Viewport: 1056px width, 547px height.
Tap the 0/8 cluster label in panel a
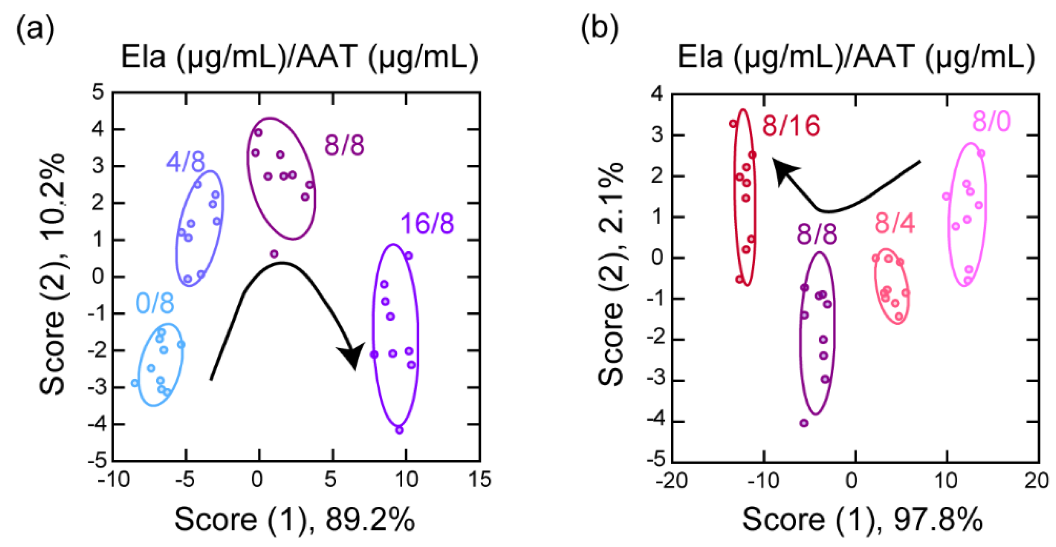click(x=155, y=304)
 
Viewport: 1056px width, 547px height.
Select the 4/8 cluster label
click(x=186, y=162)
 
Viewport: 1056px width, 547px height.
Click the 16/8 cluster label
click(x=427, y=224)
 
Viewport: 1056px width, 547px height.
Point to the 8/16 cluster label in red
click(x=791, y=125)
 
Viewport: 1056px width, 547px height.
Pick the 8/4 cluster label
click(x=895, y=224)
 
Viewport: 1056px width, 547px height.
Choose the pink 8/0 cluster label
click(x=992, y=122)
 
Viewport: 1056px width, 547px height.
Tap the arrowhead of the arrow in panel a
click(x=352, y=356)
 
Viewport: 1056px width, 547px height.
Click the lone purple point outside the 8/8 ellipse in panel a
click(x=274, y=254)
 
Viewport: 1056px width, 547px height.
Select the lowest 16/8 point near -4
click(x=399, y=430)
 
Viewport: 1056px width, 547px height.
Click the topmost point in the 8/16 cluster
click(x=733, y=124)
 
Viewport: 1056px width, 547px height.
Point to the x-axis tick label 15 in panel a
click(x=480, y=479)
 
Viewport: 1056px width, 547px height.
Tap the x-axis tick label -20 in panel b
click(x=671, y=481)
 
